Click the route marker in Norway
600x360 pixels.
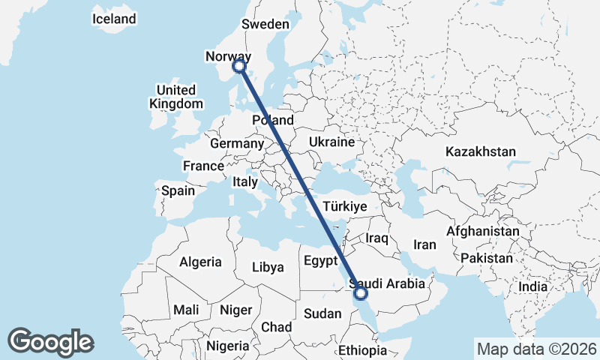pos(239,66)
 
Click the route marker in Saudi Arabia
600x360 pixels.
pos(361,292)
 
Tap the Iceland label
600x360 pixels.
pos(114,19)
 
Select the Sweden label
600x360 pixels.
pos(265,24)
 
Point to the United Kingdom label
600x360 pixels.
pos(176,97)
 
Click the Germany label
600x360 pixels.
pos(237,143)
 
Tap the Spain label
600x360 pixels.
pos(178,190)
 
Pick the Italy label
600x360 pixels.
pos(244,181)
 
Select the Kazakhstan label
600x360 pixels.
pos(481,151)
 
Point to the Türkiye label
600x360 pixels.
pos(344,206)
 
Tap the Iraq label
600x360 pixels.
pos(376,238)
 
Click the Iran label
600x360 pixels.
pos(425,244)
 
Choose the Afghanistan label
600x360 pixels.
pos(482,232)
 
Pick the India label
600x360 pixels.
pos(532,286)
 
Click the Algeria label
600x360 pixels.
pos(200,262)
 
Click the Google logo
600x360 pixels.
pos(50,342)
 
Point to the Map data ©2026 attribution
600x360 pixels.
pos(536,349)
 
